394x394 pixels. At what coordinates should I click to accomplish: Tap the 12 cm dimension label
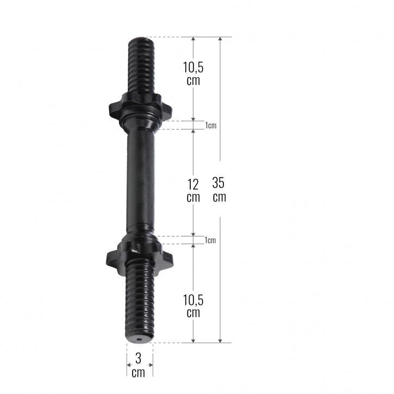click(193, 191)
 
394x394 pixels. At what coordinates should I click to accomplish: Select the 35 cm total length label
click(219, 190)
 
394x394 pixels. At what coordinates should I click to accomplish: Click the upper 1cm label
click(210, 126)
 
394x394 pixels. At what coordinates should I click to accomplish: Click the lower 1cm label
click(210, 240)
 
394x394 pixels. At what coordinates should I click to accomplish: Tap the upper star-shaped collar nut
click(140, 105)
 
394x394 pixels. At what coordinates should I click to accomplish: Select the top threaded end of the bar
click(141, 65)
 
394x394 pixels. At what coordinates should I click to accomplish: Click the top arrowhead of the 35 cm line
click(220, 40)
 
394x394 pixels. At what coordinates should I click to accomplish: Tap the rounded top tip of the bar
click(141, 39)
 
